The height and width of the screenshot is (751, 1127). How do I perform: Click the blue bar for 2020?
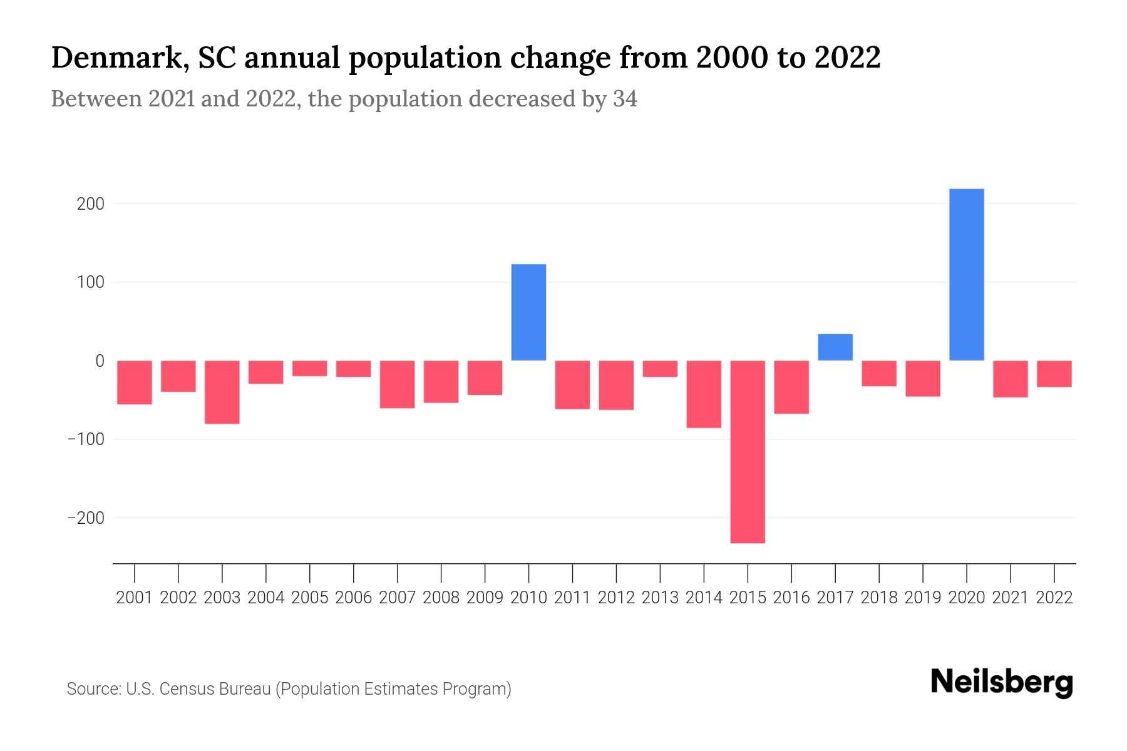(967, 275)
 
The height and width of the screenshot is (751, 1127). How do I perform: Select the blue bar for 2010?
(528, 312)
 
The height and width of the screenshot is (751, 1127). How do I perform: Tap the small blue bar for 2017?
(835, 347)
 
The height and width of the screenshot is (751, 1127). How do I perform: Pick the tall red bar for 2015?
(748, 451)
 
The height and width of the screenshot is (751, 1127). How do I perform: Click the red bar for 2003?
(222, 392)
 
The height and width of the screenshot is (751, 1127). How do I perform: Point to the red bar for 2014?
(704, 394)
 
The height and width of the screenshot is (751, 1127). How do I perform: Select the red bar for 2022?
(1054, 374)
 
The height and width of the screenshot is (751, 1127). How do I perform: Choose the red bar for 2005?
(310, 369)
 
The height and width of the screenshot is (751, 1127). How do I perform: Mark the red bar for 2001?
(135, 382)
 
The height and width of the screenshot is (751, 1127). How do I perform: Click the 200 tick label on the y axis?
(91, 204)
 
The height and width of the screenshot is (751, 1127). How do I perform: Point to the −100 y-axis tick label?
(86, 439)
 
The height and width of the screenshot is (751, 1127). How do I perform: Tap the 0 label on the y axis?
(100, 361)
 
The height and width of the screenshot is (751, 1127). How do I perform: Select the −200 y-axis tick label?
(86, 518)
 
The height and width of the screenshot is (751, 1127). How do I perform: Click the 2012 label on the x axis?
(616, 598)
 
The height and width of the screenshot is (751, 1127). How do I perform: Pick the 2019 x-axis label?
(923, 598)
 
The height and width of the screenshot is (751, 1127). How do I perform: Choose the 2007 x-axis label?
(397, 598)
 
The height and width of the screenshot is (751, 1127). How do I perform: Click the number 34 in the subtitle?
(625, 100)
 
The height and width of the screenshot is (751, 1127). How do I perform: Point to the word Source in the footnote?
(93, 689)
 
